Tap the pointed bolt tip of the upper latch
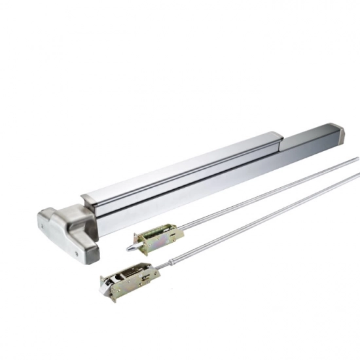(x=129, y=248)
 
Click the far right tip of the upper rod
(x=357, y=158)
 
